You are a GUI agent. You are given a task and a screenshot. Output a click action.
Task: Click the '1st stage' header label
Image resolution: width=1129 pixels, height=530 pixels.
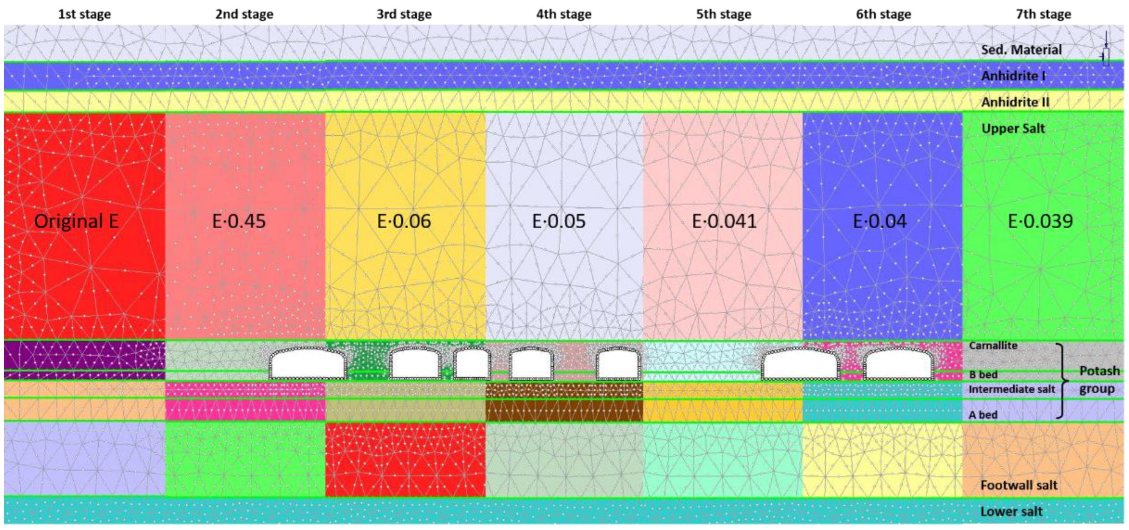[84, 14]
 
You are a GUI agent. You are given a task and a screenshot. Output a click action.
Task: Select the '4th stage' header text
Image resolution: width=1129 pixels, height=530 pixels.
[564, 14]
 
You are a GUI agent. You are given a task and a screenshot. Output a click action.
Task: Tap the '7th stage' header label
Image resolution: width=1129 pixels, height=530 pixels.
[1043, 14]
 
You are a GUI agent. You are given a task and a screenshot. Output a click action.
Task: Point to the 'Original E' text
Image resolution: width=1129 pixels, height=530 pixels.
[77, 221]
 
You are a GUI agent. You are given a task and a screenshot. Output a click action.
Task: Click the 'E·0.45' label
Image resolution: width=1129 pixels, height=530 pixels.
[239, 221]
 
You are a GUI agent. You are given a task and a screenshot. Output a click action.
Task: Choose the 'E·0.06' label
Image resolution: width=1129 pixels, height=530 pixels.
[404, 221]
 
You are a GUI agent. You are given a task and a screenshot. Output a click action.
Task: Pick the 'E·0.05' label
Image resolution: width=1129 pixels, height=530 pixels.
[559, 221]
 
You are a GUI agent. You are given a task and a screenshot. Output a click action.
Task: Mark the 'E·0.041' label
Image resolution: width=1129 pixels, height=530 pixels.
[724, 221]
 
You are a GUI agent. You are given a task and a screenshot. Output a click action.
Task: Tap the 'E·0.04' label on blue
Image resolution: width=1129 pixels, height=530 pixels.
[879, 221]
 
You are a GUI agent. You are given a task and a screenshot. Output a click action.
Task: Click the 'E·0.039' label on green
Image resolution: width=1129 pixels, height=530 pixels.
[1041, 221]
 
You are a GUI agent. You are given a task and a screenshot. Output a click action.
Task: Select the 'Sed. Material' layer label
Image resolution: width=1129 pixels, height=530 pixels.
[1021, 50]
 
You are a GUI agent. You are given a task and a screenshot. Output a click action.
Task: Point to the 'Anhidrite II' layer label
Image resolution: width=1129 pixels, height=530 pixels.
[1015, 102]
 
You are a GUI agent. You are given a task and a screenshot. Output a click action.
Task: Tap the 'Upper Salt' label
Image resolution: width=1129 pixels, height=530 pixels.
[1013, 129]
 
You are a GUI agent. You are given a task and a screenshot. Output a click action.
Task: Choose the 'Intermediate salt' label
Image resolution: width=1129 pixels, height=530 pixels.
[1011, 389]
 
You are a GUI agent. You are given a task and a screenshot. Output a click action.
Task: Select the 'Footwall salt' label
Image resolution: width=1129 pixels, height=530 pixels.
[1019, 485]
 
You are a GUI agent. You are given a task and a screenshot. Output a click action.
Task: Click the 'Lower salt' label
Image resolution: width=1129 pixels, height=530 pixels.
[1011, 511]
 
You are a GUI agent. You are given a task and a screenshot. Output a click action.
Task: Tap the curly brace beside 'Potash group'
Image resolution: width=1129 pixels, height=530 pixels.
[1062, 381]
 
